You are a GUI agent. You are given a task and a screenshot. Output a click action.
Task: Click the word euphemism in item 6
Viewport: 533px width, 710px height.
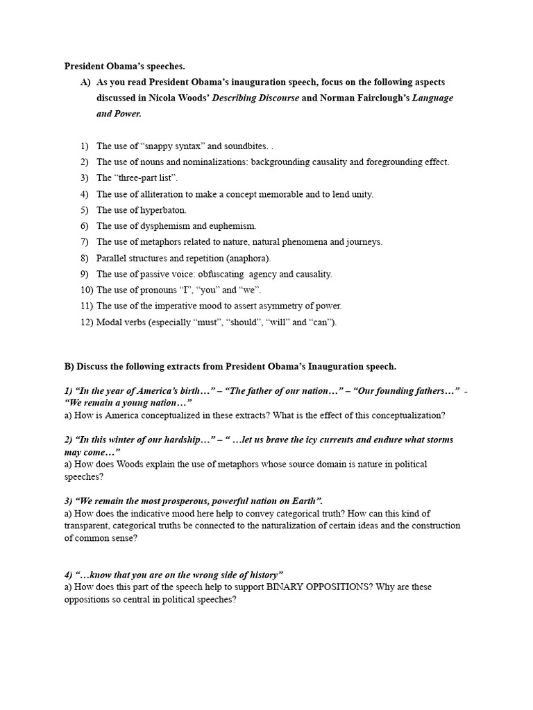click(234, 226)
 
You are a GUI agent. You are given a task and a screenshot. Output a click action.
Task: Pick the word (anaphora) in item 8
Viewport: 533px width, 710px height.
click(249, 258)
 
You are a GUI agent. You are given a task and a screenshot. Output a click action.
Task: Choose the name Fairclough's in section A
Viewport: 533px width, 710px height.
click(374, 98)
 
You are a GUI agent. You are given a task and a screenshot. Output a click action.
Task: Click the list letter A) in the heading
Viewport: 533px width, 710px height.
click(85, 82)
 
